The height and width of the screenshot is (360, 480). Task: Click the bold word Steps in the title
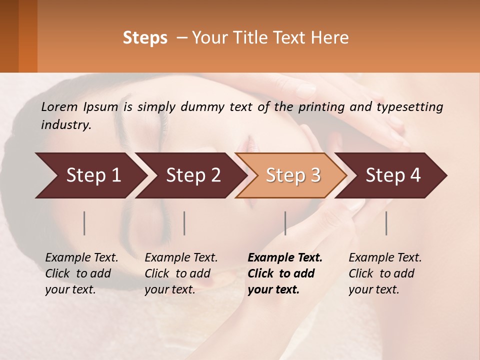pos(145,37)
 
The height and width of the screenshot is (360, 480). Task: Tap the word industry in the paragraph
pos(65,125)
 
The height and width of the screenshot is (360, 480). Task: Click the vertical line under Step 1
pos(84,223)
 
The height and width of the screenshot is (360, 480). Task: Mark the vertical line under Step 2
pos(184,223)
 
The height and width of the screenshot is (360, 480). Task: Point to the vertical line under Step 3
pos(285,223)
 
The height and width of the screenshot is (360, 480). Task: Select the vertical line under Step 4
pos(386,223)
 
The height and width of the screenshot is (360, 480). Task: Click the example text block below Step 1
pos(81,273)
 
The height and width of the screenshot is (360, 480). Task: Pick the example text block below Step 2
pos(181,273)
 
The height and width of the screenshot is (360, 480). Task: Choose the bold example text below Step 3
pos(285,273)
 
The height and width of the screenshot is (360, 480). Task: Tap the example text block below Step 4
pos(385,273)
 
